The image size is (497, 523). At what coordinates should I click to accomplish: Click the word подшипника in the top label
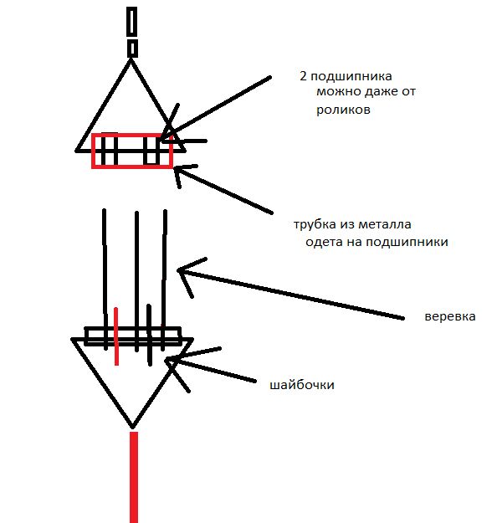[351, 77]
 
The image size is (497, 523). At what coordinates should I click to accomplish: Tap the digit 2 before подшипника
[303, 76]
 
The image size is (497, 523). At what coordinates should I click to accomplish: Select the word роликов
[343, 110]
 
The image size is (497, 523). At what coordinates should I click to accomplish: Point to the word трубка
[315, 224]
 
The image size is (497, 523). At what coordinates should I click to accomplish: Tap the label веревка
[450, 316]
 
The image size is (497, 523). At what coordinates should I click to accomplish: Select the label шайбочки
[302, 385]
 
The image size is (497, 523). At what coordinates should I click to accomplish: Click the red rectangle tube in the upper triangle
[132, 134]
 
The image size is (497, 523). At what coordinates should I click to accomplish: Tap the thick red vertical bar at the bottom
[134, 477]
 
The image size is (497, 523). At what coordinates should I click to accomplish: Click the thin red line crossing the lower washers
[116, 336]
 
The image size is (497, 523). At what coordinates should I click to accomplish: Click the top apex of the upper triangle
[131, 59]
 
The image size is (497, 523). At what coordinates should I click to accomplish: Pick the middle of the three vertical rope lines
[136, 281]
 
